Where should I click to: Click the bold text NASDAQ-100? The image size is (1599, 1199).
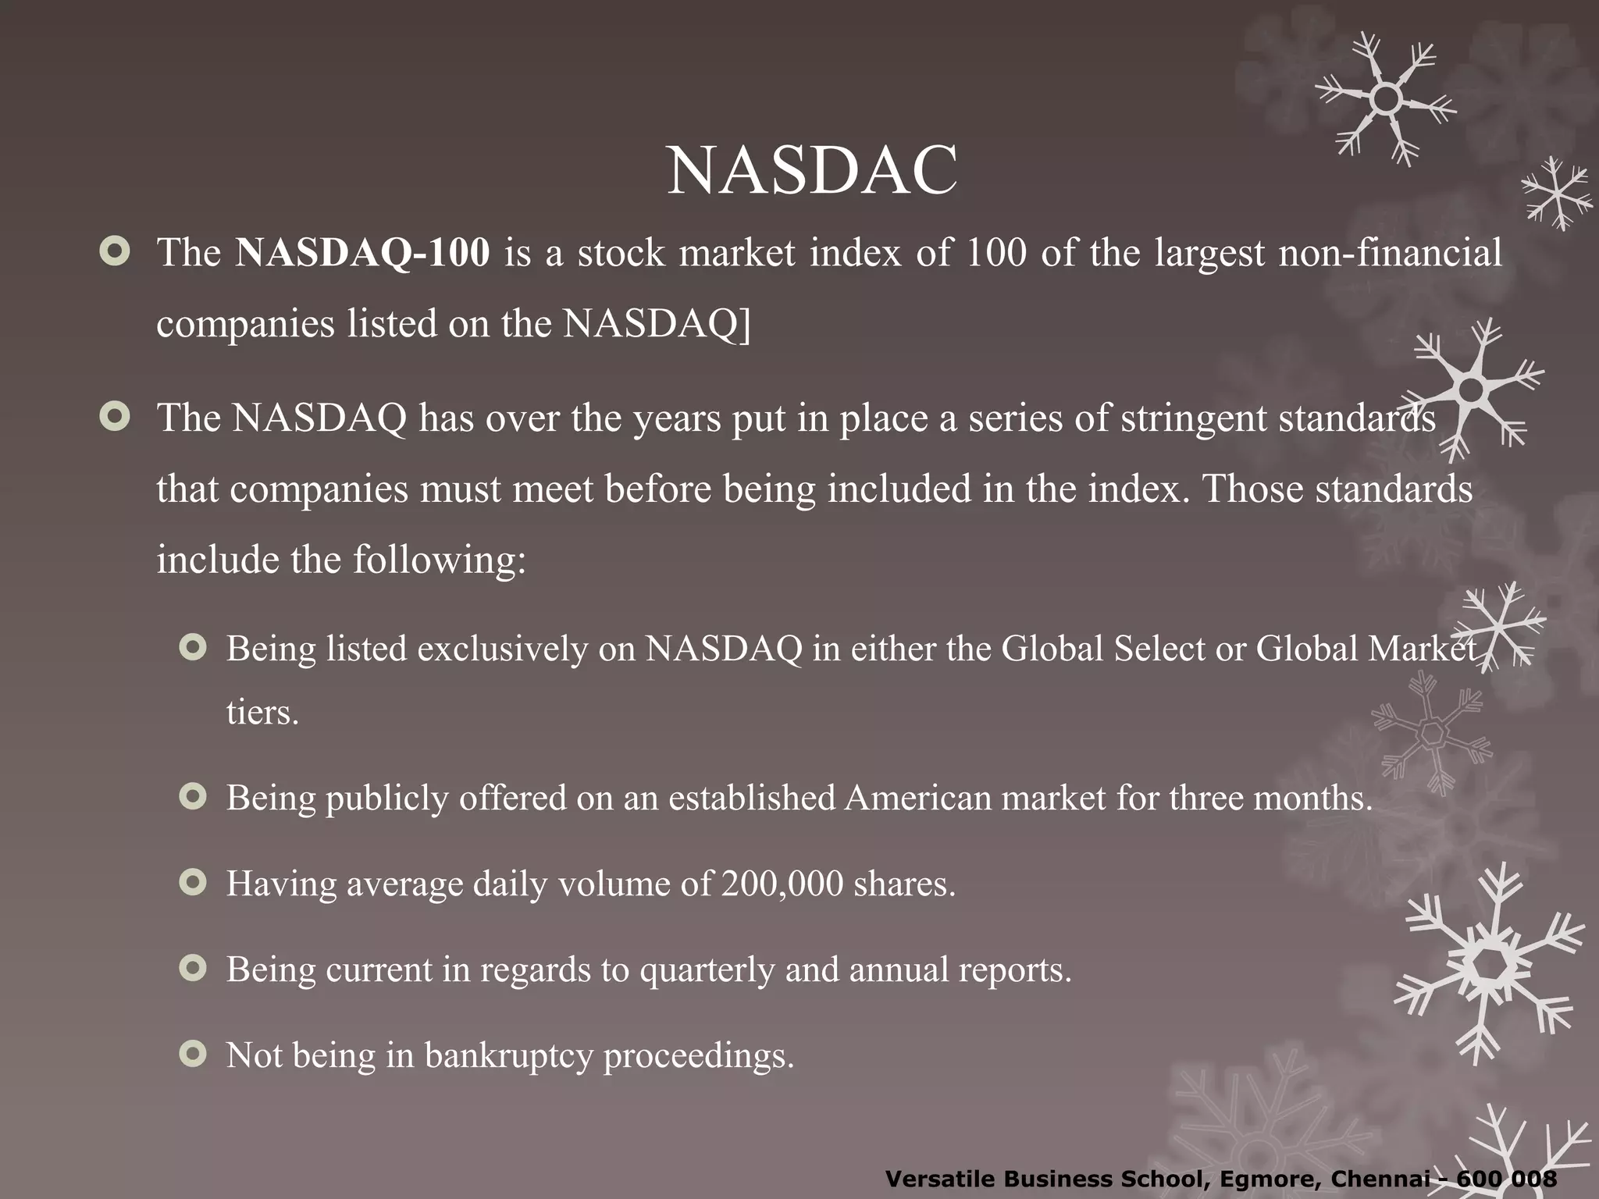pos(363,253)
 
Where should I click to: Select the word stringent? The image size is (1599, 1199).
pos(1195,418)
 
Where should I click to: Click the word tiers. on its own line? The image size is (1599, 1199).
pos(262,712)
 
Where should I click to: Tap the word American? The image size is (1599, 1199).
pos(917,798)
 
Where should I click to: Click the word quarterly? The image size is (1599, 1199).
pos(707,970)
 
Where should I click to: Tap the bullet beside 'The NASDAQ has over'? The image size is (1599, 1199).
pos(115,418)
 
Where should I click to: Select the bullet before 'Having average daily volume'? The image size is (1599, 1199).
pos(192,883)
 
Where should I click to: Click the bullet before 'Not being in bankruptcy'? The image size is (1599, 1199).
pos(192,1055)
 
